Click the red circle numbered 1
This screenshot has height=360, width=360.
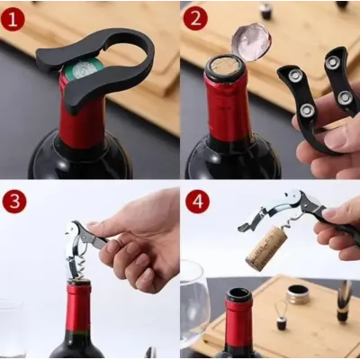pos(13,19)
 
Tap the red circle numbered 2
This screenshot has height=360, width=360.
pos(195,19)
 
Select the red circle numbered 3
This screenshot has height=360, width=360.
pos(14,201)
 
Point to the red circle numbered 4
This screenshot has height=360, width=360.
pos(197,201)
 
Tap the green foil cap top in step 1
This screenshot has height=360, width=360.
pos(84,69)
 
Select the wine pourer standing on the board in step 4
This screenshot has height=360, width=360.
pos(344,301)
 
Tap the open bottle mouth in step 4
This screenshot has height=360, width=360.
pos(238,295)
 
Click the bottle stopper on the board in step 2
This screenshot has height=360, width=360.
pos(265,11)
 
